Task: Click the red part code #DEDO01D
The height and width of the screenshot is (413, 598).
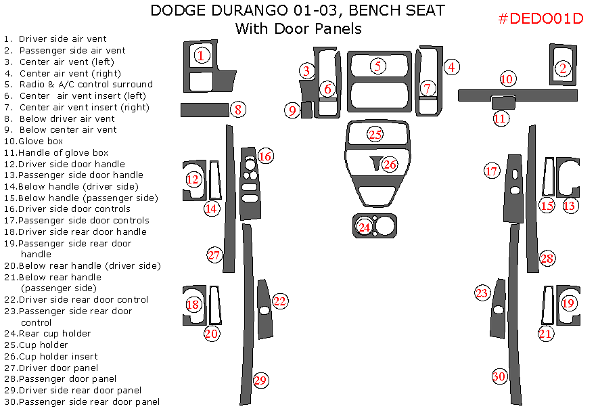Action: point(540,18)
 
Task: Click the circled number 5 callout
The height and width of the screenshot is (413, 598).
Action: point(377,66)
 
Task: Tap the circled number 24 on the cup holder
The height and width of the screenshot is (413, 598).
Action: point(365,227)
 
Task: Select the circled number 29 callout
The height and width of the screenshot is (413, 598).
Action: point(260,380)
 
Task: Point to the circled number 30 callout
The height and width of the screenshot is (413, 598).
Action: point(499,376)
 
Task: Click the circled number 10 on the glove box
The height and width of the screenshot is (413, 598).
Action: point(507,79)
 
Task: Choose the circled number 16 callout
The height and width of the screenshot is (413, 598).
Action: point(264,156)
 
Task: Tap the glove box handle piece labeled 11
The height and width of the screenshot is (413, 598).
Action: point(501,102)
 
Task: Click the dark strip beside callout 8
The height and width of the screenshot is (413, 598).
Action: point(204,110)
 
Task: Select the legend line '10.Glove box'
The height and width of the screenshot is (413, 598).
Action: point(34,141)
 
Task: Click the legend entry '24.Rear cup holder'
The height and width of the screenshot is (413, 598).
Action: point(47,333)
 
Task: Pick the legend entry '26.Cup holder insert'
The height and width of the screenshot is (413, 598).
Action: point(51,356)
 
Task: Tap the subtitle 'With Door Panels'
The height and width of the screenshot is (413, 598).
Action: point(298,28)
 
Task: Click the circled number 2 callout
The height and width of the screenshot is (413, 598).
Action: point(562,68)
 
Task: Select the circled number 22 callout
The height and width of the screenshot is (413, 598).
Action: point(279,301)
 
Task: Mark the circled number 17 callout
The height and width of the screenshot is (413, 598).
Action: point(492,171)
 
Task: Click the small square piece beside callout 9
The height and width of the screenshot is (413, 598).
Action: point(306,110)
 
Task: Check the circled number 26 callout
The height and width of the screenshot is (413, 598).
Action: point(389,164)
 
